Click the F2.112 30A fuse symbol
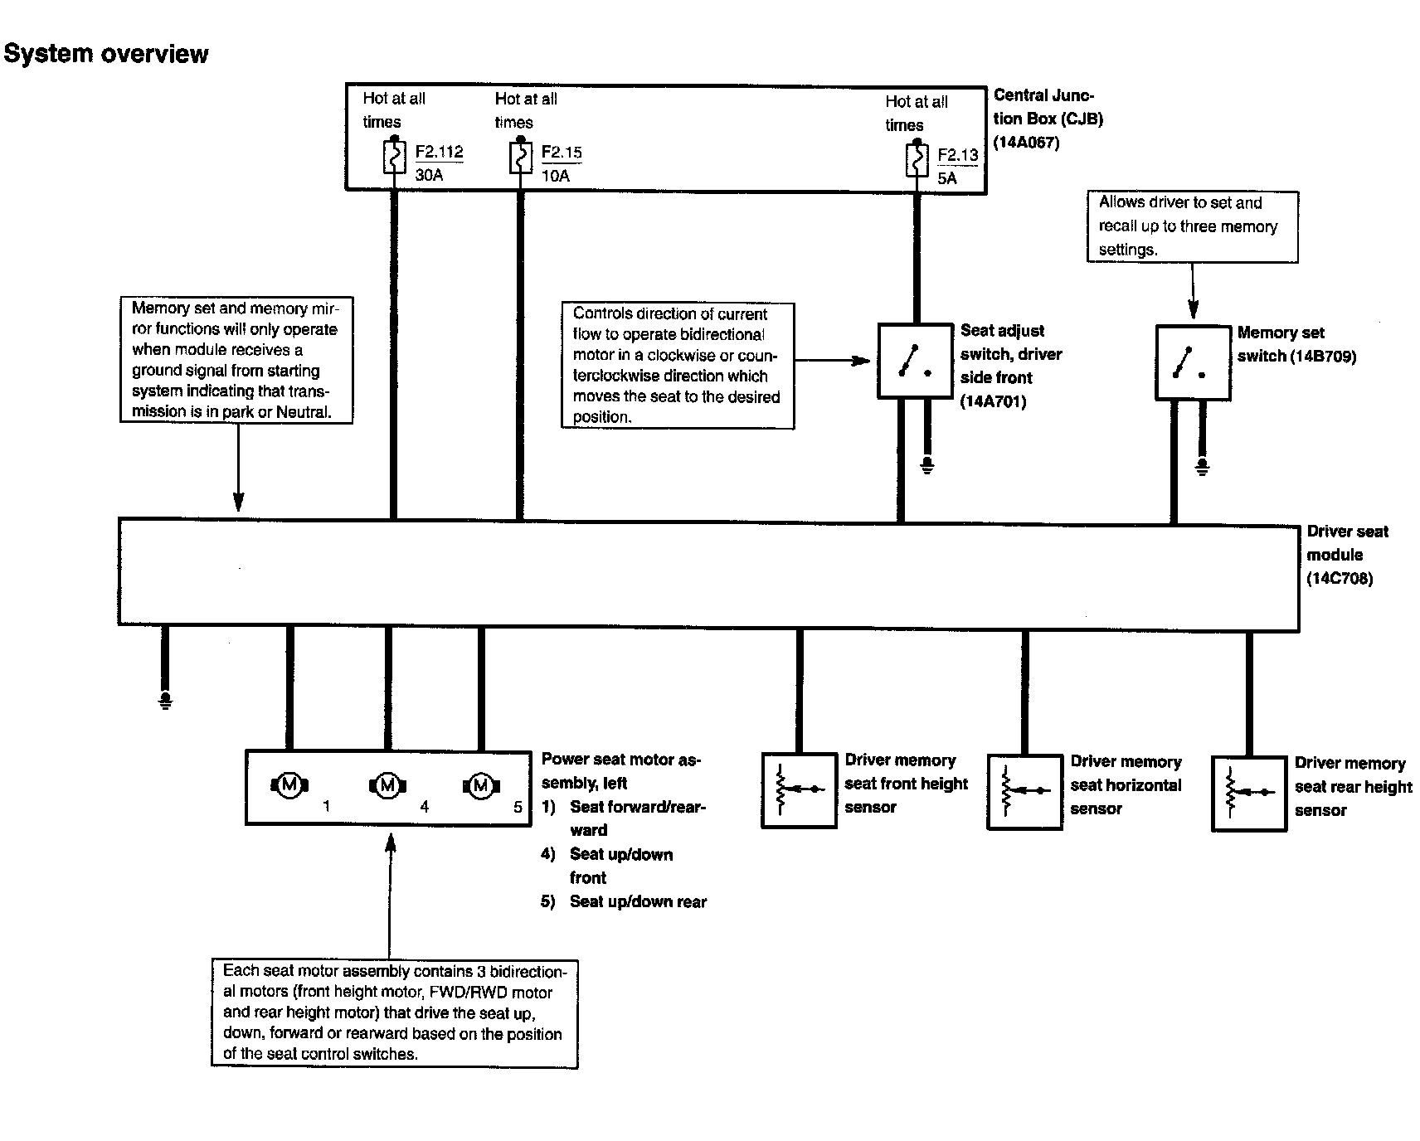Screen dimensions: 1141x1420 click(394, 157)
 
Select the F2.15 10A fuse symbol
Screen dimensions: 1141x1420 click(520, 158)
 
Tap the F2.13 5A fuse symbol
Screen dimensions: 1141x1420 click(917, 160)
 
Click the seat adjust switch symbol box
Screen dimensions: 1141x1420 click(914, 362)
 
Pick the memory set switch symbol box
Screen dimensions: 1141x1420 click(1192, 363)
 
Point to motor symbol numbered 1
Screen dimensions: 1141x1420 click(289, 784)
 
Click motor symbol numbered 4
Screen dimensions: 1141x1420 click(387, 784)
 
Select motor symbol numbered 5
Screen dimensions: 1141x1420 click(481, 784)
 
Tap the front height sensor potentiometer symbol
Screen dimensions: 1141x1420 click(798, 789)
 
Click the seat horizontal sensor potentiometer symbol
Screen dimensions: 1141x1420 click(1024, 791)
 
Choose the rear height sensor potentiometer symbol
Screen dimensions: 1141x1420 click(1248, 793)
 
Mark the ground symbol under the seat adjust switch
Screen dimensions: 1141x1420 click(927, 466)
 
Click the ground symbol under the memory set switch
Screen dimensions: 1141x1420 click(1203, 467)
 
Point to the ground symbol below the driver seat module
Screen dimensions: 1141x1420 click(166, 702)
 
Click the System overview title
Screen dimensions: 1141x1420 click(106, 54)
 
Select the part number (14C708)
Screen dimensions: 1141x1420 click(1340, 578)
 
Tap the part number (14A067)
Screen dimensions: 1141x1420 click(1027, 142)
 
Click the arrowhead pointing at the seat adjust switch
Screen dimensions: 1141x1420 click(863, 361)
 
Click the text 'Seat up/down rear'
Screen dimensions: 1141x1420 click(638, 901)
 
